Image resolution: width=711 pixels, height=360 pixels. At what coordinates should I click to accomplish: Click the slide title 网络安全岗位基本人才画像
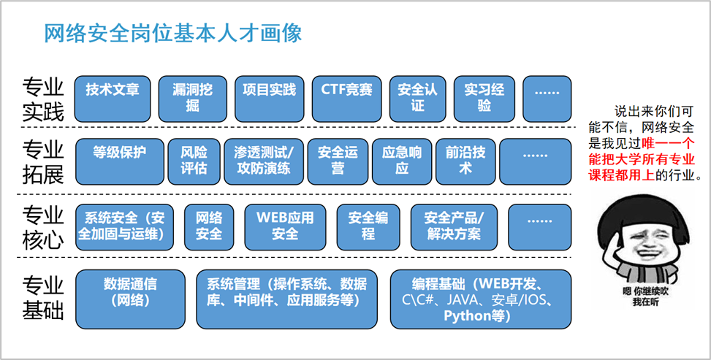point(172,34)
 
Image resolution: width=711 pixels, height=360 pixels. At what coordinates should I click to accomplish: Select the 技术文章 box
point(113,99)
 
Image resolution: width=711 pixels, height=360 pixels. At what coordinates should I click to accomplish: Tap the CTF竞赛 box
point(346,99)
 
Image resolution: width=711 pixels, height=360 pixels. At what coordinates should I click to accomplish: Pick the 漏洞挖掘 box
point(192,99)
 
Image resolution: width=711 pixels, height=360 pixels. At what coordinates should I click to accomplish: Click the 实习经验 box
point(484,99)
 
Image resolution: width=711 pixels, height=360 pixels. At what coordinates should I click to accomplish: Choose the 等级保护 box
point(120,161)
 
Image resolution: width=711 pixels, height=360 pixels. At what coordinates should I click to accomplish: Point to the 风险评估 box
point(194,161)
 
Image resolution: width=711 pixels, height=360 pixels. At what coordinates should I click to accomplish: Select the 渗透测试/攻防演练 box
point(264,161)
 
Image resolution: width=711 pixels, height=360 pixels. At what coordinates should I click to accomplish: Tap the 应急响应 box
point(402,161)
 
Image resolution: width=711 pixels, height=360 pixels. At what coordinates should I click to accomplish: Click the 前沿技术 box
point(465,161)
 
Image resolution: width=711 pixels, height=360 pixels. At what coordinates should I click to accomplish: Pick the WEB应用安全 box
point(285,227)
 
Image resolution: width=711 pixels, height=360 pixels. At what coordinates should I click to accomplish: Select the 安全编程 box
point(368,227)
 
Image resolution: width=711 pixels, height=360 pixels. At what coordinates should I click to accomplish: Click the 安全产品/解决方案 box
point(454,227)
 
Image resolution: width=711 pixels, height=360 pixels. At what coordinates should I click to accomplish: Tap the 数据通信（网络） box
point(131,299)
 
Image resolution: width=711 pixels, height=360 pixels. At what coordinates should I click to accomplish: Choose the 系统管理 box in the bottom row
point(286,299)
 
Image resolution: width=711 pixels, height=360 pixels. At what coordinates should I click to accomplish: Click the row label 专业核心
point(43,227)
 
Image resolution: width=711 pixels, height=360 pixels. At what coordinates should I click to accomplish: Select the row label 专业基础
point(43,299)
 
